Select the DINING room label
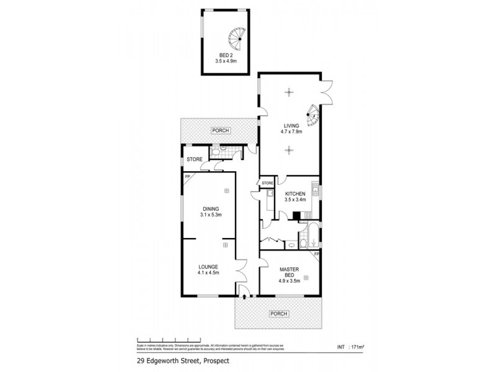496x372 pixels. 211,209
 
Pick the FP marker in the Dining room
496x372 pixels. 187,177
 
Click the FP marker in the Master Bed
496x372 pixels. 316,255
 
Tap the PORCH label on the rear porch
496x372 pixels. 219,130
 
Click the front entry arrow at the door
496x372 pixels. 245,297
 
